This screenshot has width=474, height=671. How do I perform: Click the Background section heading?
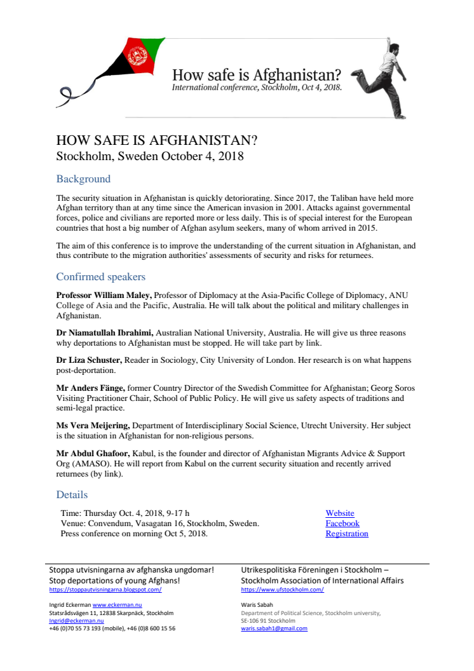coord(83,179)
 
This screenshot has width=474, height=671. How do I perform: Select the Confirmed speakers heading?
coord(100,277)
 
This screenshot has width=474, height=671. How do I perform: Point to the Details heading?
coord(72,494)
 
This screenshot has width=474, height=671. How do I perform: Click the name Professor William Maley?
coord(104,295)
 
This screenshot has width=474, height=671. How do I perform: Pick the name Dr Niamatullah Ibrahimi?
coord(104,333)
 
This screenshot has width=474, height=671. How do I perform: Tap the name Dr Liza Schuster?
coord(89,360)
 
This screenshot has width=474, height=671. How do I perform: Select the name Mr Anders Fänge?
coord(91,388)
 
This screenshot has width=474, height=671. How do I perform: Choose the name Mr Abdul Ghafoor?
coord(93,453)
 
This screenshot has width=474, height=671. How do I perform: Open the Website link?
coord(340,513)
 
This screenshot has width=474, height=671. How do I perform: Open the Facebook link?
coord(342,524)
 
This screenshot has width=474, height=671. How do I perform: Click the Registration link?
coord(347,534)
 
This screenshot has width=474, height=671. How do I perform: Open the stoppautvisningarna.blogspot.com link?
coord(105,590)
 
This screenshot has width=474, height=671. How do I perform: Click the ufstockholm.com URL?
coord(282,590)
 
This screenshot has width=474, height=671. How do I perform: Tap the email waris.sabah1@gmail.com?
coord(274,628)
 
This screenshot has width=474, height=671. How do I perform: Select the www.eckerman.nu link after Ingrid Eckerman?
coord(117,606)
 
